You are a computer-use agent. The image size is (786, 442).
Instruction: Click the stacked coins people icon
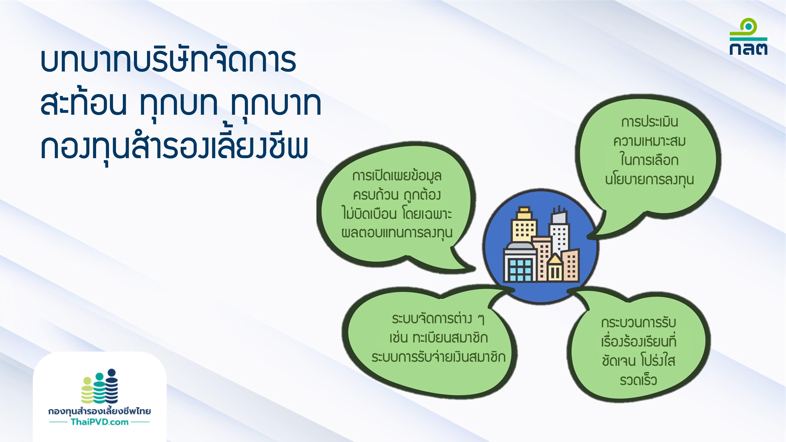coord(99,386)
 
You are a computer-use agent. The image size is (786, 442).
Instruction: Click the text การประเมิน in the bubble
coord(650,122)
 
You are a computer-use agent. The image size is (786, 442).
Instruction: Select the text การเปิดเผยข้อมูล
coord(397,176)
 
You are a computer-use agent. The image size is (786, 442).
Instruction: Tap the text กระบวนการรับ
coord(639,322)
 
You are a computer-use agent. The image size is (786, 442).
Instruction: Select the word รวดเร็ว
coord(638,380)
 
